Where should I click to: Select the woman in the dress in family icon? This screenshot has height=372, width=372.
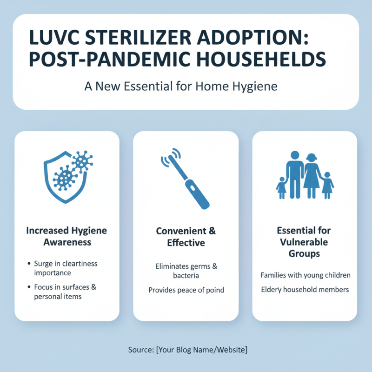click(312, 174)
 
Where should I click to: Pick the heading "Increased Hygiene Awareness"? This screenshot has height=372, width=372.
click(66, 236)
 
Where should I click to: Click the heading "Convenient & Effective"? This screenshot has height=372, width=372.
click(186, 237)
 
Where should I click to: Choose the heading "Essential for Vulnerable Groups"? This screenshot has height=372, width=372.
click(304, 242)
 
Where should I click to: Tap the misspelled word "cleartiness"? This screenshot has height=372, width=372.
click(78, 264)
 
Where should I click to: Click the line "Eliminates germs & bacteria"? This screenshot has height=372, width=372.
click(186, 271)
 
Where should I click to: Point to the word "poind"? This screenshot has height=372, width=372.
click(213, 290)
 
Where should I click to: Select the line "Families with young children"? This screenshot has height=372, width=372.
click(305, 275)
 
